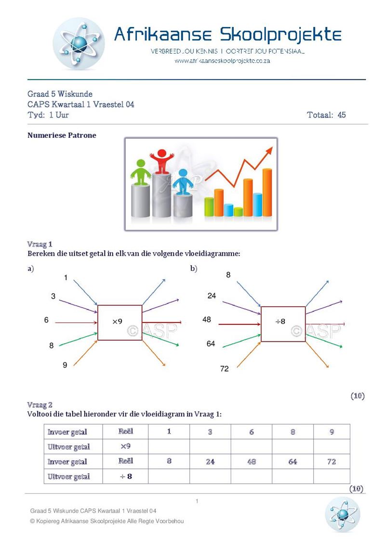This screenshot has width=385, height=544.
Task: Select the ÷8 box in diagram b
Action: (x=283, y=324)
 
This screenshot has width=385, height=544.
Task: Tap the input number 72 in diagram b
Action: (x=225, y=369)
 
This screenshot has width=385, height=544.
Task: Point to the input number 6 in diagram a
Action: (x=46, y=320)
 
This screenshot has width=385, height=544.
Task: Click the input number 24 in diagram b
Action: (x=212, y=296)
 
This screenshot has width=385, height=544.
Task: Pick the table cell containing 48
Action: (x=252, y=461)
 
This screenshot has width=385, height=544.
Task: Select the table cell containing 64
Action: (x=292, y=461)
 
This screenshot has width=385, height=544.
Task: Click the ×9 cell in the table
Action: (x=125, y=446)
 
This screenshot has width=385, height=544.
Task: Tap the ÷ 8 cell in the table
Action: (x=125, y=477)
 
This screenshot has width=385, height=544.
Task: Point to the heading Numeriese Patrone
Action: (x=62, y=135)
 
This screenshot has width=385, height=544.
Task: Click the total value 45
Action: (x=341, y=115)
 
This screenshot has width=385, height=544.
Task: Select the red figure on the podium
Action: (x=161, y=161)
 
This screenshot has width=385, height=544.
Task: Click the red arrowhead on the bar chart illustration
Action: (x=268, y=151)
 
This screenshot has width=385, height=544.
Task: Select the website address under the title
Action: (x=222, y=61)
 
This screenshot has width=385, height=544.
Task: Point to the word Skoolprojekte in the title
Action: (x=281, y=35)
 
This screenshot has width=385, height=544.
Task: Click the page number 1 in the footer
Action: (x=197, y=502)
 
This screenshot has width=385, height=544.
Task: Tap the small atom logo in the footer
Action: (x=342, y=514)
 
